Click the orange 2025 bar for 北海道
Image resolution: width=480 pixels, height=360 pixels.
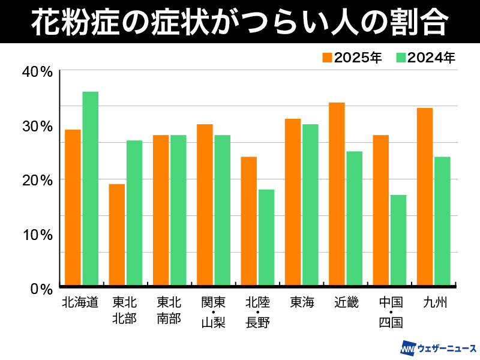point(73,207)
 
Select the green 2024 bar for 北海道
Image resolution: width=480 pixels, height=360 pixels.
point(90,188)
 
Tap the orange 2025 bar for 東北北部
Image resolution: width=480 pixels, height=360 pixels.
point(116,234)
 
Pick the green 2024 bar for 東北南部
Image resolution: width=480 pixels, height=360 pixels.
point(178,210)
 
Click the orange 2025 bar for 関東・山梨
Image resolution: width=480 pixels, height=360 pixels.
point(205,205)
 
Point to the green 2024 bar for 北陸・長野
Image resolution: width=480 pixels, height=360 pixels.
point(266,237)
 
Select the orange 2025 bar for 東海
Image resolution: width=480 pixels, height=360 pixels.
point(293,202)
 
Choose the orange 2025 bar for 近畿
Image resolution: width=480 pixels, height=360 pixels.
point(337,194)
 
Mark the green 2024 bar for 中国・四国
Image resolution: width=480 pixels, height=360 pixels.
point(398,240)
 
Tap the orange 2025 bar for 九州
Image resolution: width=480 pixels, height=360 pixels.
point(425,196)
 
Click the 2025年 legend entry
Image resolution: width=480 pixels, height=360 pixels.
point(352,58)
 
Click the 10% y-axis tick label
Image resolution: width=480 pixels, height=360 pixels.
point(37,234)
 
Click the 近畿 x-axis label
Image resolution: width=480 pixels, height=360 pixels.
point(346,302)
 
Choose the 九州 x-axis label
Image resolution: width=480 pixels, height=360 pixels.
point(434,302)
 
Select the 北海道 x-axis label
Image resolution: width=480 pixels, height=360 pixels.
point(80,302)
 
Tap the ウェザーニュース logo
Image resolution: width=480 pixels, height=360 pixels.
point(439,348)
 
